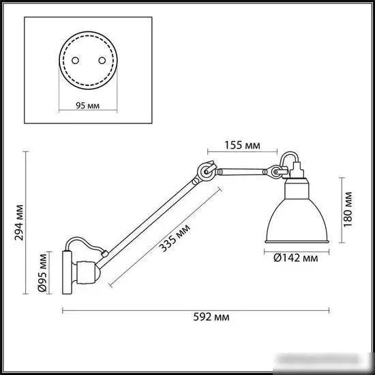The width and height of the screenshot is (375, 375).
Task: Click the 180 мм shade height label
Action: tap(348, 209)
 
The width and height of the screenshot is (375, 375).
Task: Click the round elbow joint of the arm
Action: tap(205, 172)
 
